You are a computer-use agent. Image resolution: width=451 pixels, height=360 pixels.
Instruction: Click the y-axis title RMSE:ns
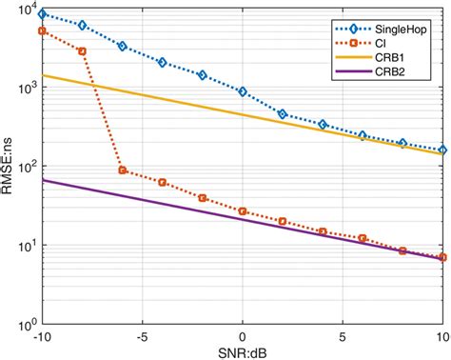[10, 168]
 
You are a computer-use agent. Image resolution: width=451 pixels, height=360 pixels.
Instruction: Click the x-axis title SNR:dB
[243, 351]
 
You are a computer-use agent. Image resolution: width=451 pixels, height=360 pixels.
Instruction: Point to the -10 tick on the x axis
[41, 336]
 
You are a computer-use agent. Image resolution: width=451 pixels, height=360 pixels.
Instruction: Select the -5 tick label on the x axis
[142, 336]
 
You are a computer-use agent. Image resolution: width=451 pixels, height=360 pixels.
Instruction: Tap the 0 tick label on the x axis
[244, 336]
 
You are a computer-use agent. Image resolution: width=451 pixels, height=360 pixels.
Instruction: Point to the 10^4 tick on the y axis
[26, 11]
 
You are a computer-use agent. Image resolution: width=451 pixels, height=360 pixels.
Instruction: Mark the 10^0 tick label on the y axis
[26, 323]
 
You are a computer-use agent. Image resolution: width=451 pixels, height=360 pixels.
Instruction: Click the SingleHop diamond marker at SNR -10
[42, 15]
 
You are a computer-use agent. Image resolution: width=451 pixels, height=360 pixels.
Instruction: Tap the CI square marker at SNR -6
[123, 170]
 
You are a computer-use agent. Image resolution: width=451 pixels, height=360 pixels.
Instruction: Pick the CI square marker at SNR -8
[82, 51]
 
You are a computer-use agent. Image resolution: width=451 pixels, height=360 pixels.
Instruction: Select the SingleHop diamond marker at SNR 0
[244, 92]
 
